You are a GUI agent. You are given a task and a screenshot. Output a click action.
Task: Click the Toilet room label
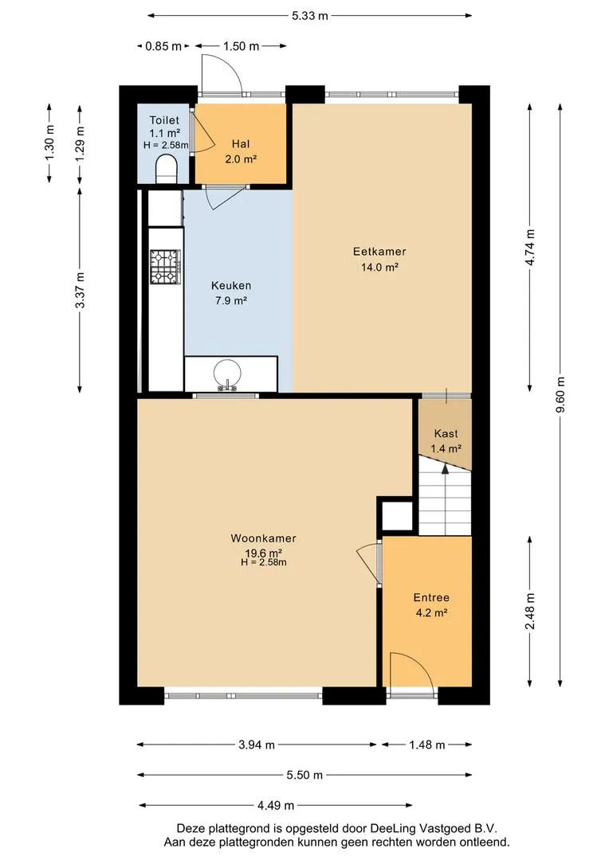[164, 120]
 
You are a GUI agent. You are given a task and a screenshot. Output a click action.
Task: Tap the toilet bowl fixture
[167, 168]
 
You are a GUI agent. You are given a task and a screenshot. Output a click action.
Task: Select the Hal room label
[241, 143]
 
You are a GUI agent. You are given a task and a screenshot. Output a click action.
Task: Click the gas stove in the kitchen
[165, 267]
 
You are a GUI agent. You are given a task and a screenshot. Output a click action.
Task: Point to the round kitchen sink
[227, 372]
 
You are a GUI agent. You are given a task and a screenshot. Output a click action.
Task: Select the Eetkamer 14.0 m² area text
[379, 267]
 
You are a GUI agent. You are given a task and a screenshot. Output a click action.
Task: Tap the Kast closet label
[446, 433]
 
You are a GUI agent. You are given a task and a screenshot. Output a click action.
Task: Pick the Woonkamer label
[264, 538]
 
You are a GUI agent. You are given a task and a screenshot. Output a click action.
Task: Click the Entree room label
[431, 597]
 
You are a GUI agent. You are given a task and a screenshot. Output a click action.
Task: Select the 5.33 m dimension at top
[310, 15]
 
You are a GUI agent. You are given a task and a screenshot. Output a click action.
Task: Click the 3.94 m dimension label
[257, 745]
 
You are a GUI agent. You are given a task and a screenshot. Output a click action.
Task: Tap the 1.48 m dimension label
[427, 745]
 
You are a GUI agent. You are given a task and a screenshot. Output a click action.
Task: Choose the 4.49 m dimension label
[276, 805]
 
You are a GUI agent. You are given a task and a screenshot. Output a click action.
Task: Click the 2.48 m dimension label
[530, 612]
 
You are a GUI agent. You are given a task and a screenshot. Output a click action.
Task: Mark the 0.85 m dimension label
[163, 46]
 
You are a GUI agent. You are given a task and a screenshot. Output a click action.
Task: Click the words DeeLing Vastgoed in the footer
[417, 828]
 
